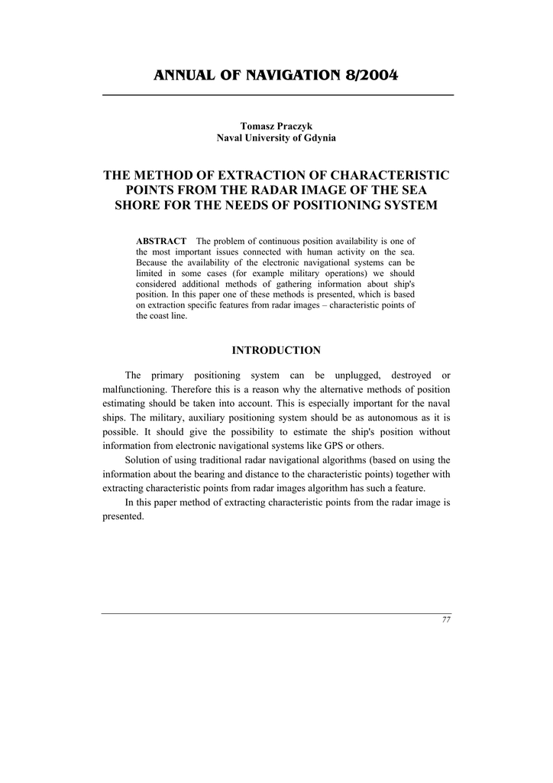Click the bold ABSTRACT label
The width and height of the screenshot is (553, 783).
(x=161, y=242)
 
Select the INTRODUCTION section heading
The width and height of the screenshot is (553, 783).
(x=276, y=350)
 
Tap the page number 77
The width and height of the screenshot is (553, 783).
(x=446, y=620)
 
